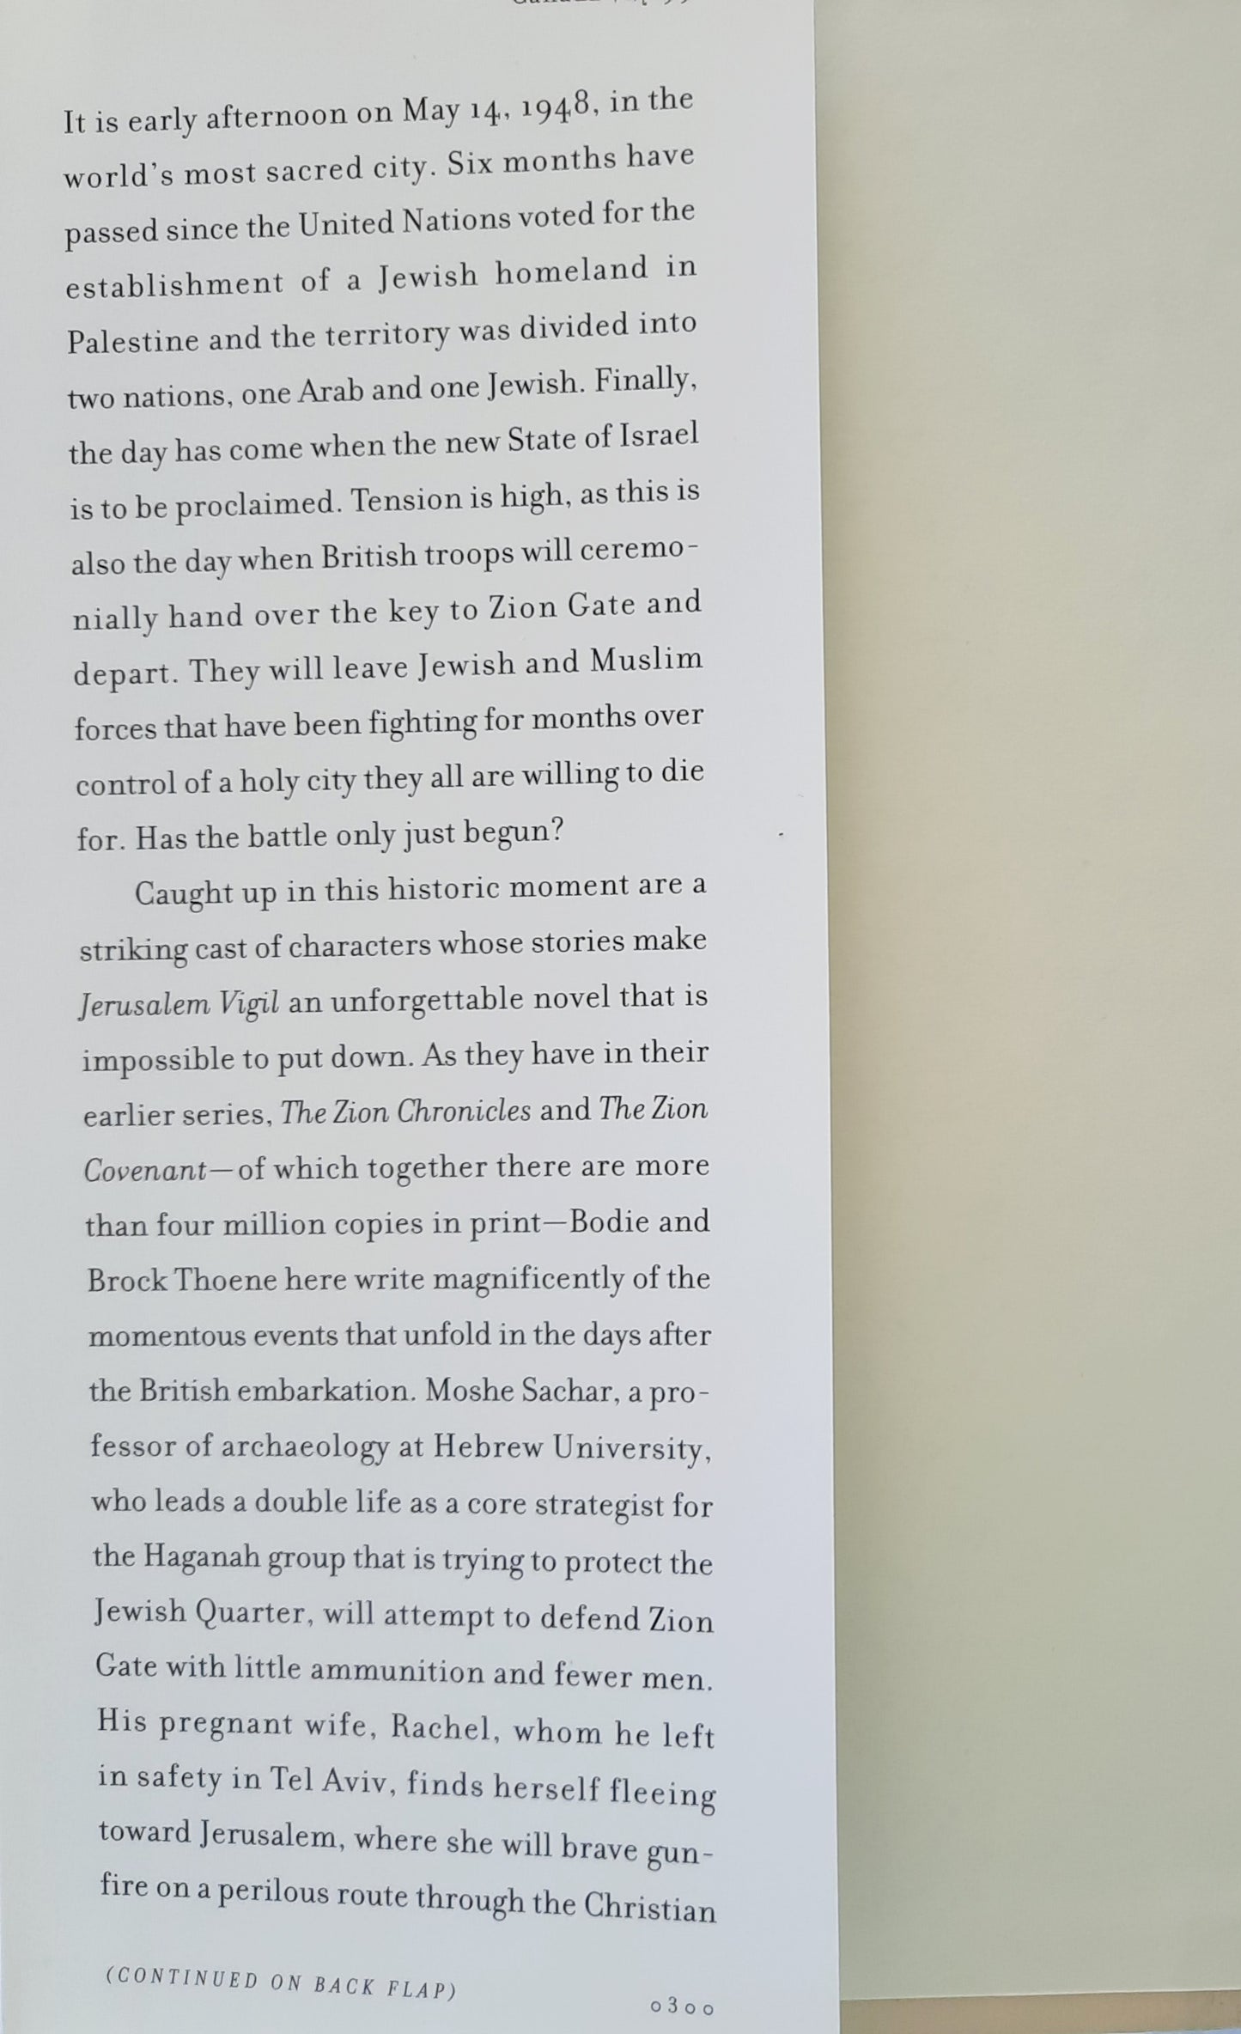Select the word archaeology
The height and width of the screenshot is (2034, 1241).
pyautogui.click(x=304, y=1447)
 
